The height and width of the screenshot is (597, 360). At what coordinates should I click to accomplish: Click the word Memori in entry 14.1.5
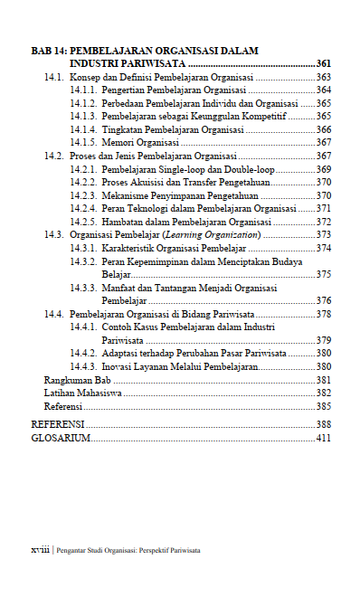coord(118,143)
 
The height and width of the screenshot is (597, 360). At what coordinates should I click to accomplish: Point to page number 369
coord(323,169)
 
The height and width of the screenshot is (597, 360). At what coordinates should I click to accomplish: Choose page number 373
coord(323,234)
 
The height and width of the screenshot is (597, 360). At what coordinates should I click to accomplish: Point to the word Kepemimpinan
coord(156,261)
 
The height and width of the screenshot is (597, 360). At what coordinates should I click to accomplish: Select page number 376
coord(323,300)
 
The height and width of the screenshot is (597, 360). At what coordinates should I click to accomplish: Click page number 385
coord(323,407)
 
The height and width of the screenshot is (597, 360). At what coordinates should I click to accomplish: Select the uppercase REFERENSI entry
coord(58,424)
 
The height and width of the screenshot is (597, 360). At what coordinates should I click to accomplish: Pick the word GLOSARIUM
coord(61,438)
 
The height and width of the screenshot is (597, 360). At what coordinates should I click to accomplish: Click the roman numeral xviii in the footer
coord(40,550)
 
